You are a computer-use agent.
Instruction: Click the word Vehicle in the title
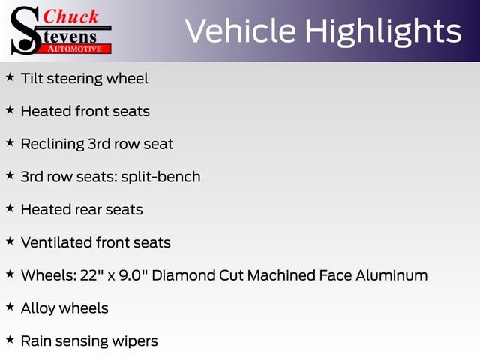click(x=240, y=31)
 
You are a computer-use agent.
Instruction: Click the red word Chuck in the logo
click(x=70, y=16)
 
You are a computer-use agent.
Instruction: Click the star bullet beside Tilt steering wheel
click(x=10, y=77)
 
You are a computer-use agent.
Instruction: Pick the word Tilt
click(x=32, y=78)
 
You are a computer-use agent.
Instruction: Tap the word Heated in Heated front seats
click(x=46, y=111)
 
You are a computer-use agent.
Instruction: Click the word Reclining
click(x=52, y=144)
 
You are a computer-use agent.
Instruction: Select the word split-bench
click(x=160, y=177)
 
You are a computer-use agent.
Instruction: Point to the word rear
click(x=88, y=210)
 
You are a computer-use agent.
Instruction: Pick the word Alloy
click(x=38, y=308)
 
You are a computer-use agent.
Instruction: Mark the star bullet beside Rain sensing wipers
click(x=10, y=340)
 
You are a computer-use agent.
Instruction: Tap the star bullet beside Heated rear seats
click(x=10, y=208)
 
